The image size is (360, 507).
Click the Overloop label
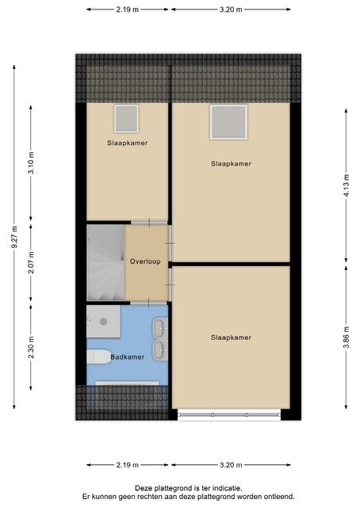click(x=145, y=261)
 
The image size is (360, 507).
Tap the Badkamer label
click(x=127, y=357)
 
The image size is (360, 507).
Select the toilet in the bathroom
click(x=99, y=356)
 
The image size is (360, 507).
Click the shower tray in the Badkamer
click(x=104, y=322)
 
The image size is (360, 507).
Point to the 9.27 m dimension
click(x=14, y=237)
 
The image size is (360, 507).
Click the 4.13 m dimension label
click(x=347, y=185)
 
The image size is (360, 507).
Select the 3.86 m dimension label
click(x=347, y=337)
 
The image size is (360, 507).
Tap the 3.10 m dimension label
click(x=31, y=162)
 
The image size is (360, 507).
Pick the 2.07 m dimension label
click(x=31, y=262)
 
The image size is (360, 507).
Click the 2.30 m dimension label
click(x=31, y=348)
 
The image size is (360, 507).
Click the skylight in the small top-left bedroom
click(x=126, y=118)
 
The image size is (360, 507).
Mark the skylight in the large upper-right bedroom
click(x=228, y=122)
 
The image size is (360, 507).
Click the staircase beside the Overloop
click(x=105, y=263)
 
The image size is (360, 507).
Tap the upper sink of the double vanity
click(x=159, y=328)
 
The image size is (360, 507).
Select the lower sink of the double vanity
click(x=159, y=350)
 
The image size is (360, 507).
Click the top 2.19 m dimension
click(x=127, y=10)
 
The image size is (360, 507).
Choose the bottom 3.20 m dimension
click(x=231, y=465)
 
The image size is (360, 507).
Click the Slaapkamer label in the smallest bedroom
click(x=127, y=143)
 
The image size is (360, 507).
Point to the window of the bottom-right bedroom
click(x=229, y=414)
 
